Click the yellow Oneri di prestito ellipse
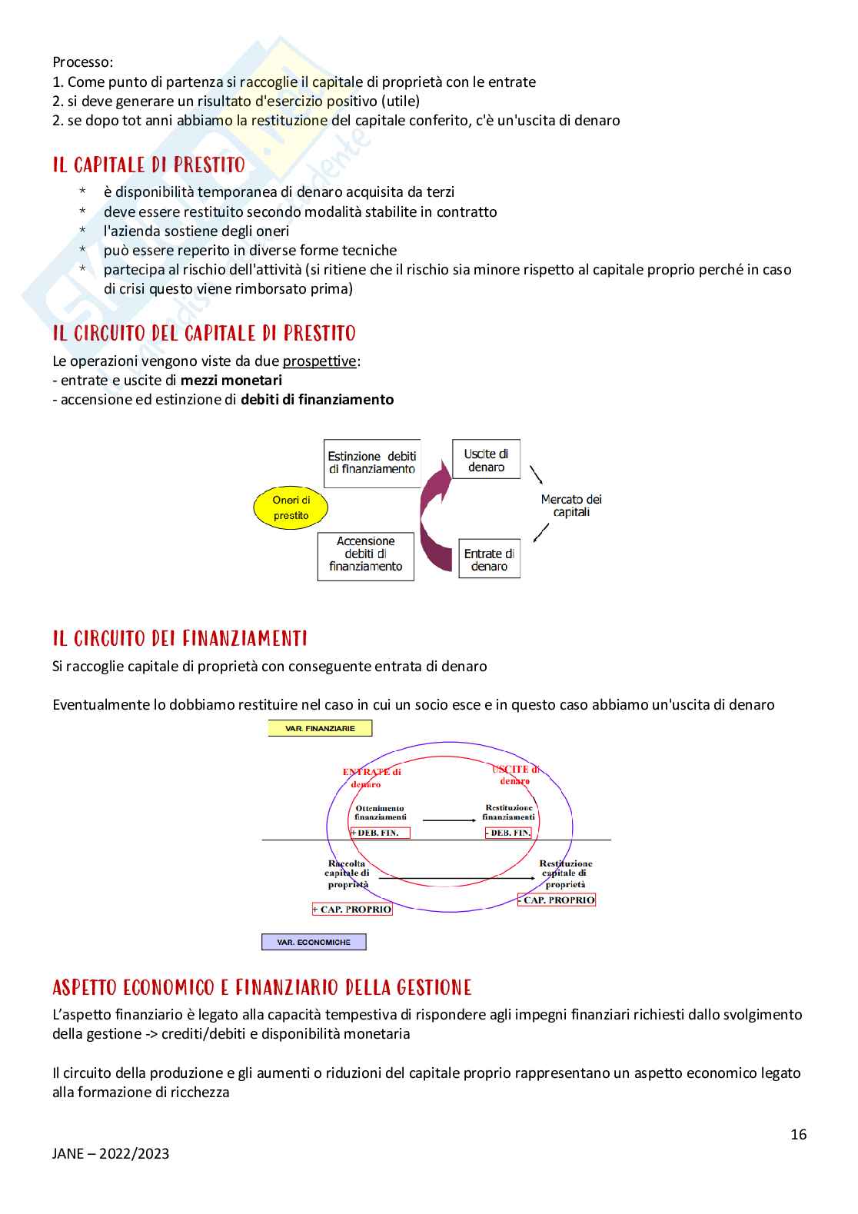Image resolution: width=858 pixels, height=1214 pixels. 291,507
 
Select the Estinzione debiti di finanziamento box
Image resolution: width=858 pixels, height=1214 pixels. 372,463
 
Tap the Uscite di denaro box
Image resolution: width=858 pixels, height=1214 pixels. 486,460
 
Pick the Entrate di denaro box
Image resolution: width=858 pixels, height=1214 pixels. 489,559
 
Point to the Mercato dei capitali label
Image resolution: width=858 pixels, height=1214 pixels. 571,505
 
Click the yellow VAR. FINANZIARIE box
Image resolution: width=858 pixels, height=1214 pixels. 320,728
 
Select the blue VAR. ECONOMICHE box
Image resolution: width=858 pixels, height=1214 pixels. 314,942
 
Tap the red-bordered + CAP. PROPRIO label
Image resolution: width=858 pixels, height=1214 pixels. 352,910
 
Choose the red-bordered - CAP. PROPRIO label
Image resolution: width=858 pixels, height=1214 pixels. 557,900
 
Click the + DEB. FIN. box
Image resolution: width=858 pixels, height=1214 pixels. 381,833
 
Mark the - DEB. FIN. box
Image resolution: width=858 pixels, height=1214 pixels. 508,833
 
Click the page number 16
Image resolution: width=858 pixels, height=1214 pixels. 799,1135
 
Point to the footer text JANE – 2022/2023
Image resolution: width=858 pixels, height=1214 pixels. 111,1153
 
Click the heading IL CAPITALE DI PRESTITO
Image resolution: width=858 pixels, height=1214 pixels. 149,165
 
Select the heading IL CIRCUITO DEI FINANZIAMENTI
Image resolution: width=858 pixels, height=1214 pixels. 180,639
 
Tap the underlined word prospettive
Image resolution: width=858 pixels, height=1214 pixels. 319,361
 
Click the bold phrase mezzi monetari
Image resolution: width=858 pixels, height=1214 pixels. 231,381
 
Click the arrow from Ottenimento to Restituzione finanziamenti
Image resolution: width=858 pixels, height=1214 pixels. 450,820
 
